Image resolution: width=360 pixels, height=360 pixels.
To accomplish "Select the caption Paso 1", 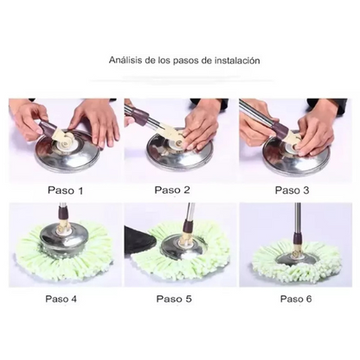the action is point(65,190).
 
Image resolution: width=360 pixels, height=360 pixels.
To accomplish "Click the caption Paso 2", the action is point(172,190).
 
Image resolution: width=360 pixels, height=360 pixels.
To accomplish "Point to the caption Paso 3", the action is point(292,190).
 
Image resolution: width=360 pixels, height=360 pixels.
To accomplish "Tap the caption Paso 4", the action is point(61,299).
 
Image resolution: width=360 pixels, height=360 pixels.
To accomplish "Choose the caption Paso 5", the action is point(174,299).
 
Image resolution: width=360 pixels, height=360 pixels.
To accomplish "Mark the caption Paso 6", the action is point(296,299).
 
